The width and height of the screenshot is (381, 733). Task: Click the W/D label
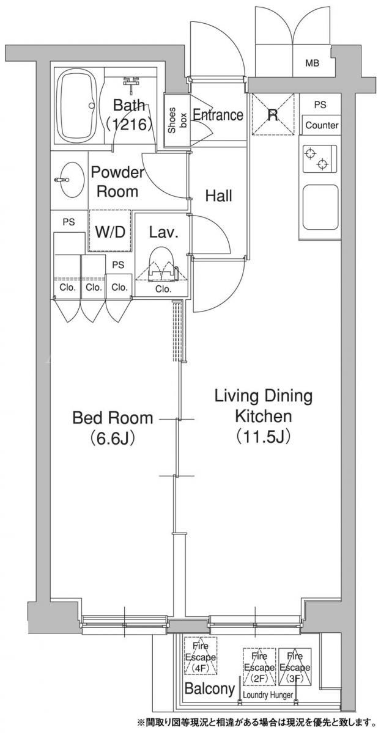(x=111, y=232)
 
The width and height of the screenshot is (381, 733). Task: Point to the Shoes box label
(x=177, y=120)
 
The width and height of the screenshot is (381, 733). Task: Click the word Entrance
(x=218, y=115)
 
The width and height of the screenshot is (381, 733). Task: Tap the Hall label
(x=219, y=195)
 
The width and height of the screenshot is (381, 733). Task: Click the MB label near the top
(x=313, y=63)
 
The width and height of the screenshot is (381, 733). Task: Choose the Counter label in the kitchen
(x=322, y=125)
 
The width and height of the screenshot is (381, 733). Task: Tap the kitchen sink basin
(x=320, y=208)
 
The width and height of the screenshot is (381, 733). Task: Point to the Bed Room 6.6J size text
(x=113, y=438)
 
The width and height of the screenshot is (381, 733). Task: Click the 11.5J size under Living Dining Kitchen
(x=264, y=436)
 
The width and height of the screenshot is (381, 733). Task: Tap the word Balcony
(x=210, y=679)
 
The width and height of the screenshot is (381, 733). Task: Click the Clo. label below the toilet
(x=163, y=289)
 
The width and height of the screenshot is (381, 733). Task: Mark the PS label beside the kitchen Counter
(x=320, y=104)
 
